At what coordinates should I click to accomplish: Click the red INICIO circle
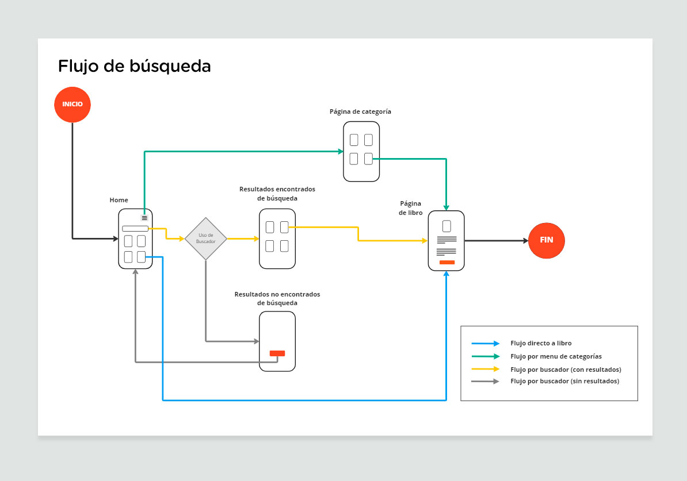pyautogui.click(x=72, y=105)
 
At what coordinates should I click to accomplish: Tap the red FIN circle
pyautogui.click(x=547, y=240)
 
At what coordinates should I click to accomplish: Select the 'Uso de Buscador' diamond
pyautogui.click(x=205, y=238)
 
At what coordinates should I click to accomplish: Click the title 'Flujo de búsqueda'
pyautogui.click(x=135, y=66)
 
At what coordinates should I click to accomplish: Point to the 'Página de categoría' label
pyautogui.click(x=360, y=111)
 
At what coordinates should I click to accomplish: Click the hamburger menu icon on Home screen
pyautogui.click(x=144, y=218)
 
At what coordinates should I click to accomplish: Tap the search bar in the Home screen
pyautogui.click(x=135, y=229)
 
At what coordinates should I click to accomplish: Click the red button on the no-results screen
pyautogui.click(x=277, y=353)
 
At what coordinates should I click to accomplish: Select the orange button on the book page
pyautogui.click(x=446, y=262)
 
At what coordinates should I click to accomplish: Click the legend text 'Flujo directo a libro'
pyautogui.click(x=541, y=344)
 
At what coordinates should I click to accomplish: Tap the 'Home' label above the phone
pyautogui.click(x=119, y=200)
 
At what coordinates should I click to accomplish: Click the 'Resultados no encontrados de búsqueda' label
pyautogui.click(x=277, y=298)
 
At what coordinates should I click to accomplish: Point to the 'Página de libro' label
pyautogui.click(x=411, y=208)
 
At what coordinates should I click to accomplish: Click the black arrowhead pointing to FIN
pyautogui.click(x=525, y=241)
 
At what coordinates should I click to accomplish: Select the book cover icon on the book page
pyautogui.click(x=446, y=226)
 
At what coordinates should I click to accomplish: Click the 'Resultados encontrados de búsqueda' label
pyautogui.click(x=277, y=194)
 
